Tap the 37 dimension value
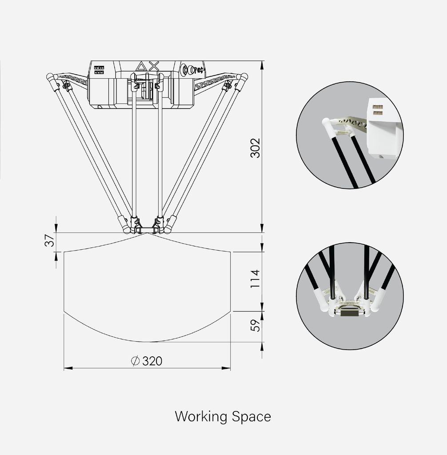tap(51, 240)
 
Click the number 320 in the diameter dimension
tap(152, 361)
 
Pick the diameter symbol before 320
tap(136, 361)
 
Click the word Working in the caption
tap(201, 417)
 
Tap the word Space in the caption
tap(251, 417)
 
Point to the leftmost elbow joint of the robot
tap(50, 76)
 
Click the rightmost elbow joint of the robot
tap(244, 76)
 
